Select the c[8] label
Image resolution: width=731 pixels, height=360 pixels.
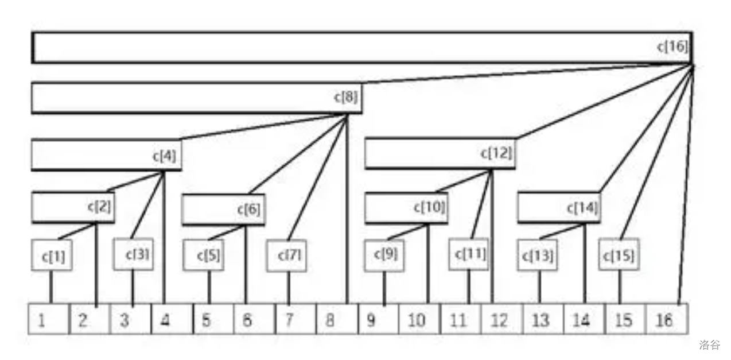[x=346, y=98]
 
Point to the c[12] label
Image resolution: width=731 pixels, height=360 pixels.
[x=496, y=153]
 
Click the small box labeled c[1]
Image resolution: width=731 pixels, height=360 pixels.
[x=52, y=256]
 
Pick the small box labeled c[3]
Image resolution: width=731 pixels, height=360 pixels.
[x=133, y=255]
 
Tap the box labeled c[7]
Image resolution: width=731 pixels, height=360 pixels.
[x=287, y=256]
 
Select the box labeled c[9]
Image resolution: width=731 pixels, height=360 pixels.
[x=384, y=255]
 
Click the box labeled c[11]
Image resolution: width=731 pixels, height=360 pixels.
[x=469, y=254]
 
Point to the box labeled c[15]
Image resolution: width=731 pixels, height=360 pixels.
[x=619, y=256]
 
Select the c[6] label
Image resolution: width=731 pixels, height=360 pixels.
[x=250, y=210]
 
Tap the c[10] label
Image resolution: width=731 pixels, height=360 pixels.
[x=430, y=207]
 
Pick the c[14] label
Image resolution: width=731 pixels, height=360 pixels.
[x=582, y=208]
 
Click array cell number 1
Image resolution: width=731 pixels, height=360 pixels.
[x=49, y=319]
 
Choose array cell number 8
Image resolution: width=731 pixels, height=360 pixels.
[x=336, y=319]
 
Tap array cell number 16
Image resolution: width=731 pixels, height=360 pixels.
[x=666, y=319]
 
